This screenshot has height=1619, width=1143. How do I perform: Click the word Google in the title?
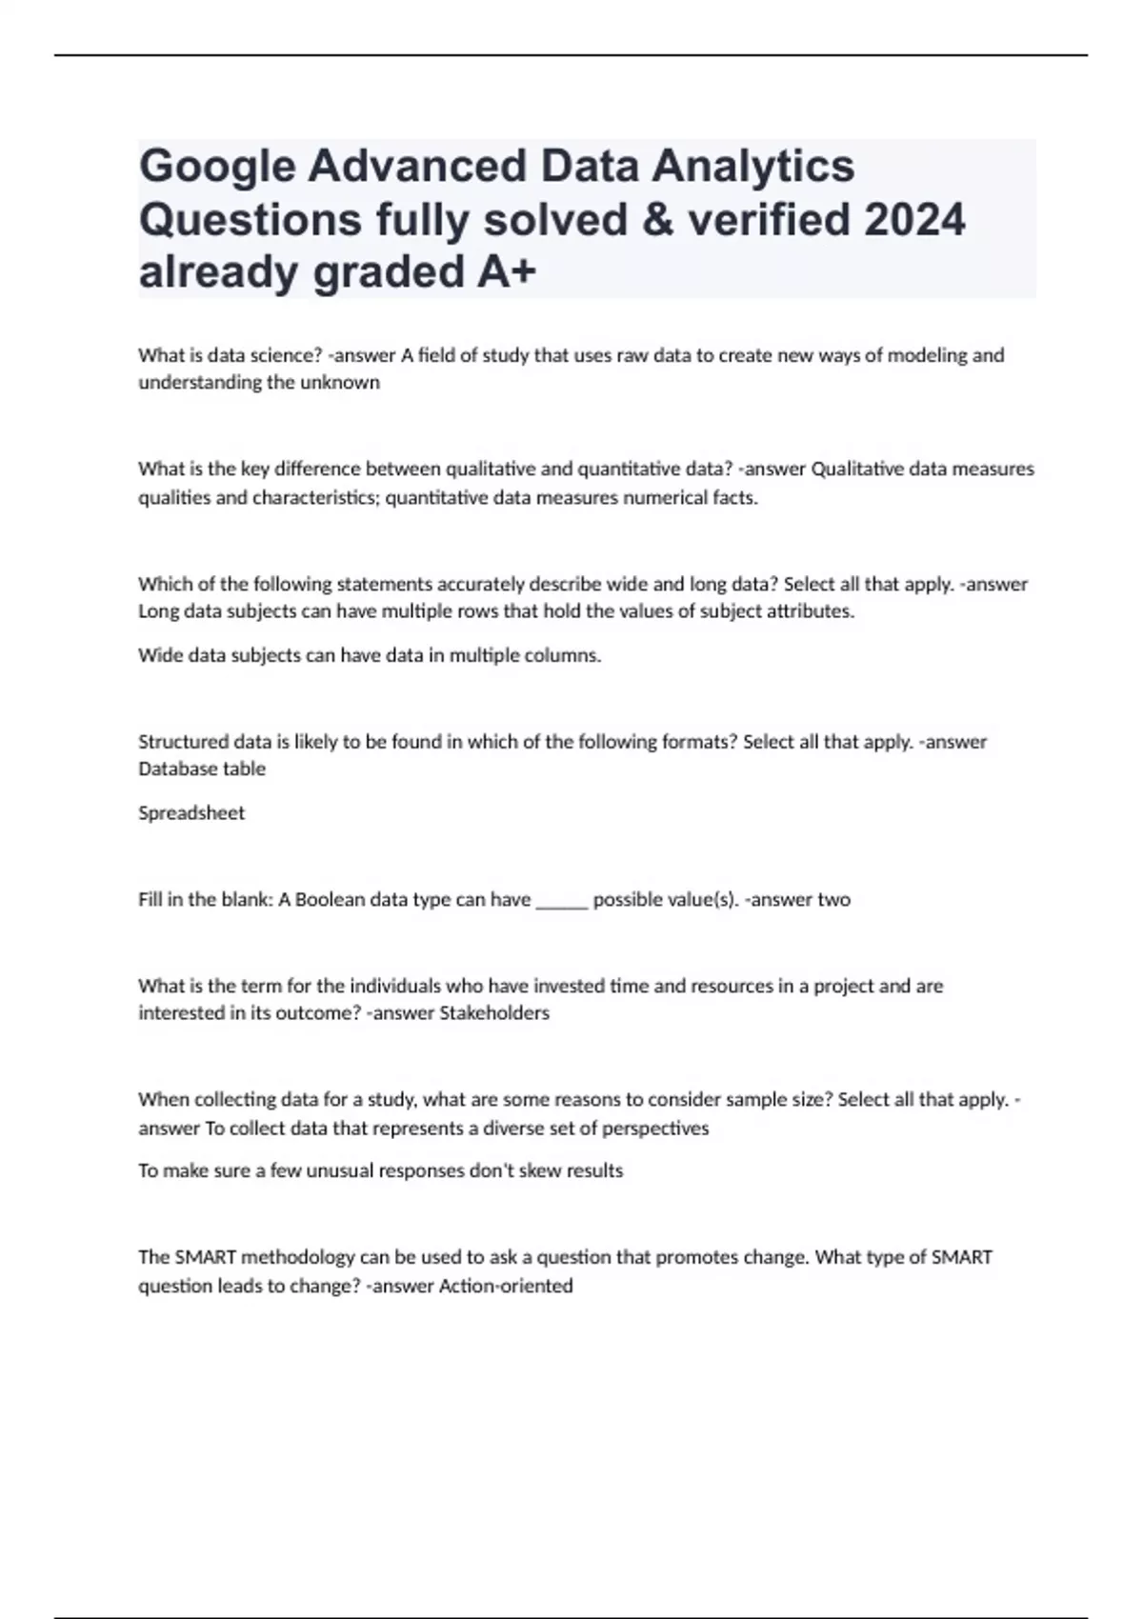click(x=217, y=167)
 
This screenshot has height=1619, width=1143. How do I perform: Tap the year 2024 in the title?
click(x=914, y=220)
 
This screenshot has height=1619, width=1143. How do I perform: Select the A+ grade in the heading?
click(x=504, y=272)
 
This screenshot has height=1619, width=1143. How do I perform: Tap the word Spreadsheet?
click(x=191, y=813)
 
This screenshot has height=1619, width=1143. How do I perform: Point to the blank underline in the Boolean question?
click(x=562, y=900)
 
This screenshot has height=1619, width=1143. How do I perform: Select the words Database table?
click(x=202, y=769)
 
